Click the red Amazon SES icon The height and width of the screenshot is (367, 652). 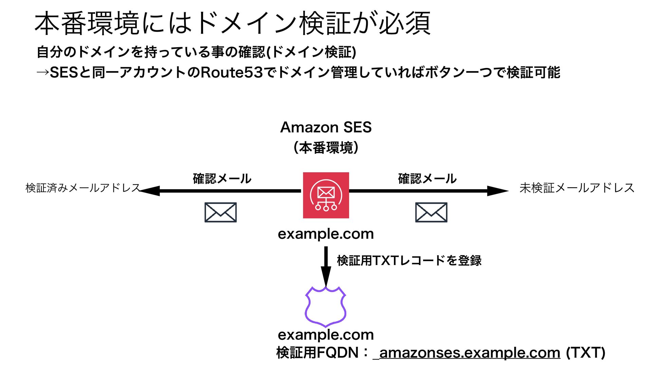tap(326, 195)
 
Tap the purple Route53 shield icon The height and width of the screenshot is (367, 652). tap(325, 307)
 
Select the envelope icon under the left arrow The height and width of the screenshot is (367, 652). tap(220, 212)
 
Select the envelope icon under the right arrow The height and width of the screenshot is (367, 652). tap(431, 212)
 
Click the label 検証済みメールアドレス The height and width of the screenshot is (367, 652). tap(83, 188)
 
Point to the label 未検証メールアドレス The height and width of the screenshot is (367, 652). tap(577, 188)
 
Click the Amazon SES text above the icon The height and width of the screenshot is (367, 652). tap(326, 127)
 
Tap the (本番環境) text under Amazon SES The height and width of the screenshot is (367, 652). tap(326, 148)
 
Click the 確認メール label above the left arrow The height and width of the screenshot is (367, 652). tap(222, 179)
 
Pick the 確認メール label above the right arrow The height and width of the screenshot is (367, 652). tap(427, 179)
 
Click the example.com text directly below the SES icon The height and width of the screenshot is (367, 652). tap(326, 234)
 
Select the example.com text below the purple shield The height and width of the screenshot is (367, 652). tap(326, 335)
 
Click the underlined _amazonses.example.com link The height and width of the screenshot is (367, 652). tap(467, 353)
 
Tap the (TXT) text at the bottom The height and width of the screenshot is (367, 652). tap(585, 353)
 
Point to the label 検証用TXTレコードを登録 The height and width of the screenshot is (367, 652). tap(409, 261)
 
